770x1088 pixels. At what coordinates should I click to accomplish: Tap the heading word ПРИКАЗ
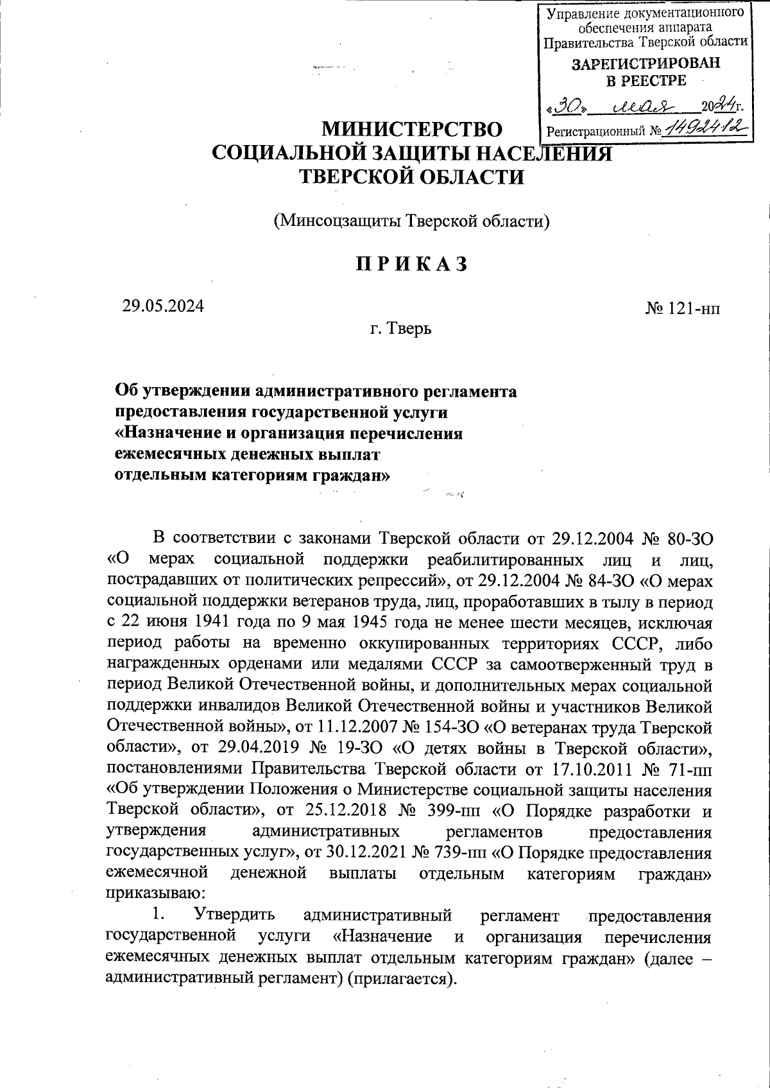click(410, 264)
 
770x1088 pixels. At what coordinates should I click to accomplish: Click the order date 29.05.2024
click(163, 306)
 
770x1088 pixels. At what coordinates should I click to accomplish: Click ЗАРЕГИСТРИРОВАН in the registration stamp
click(646, 64)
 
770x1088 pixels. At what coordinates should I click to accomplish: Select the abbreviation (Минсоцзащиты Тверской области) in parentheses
click(412, 222)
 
